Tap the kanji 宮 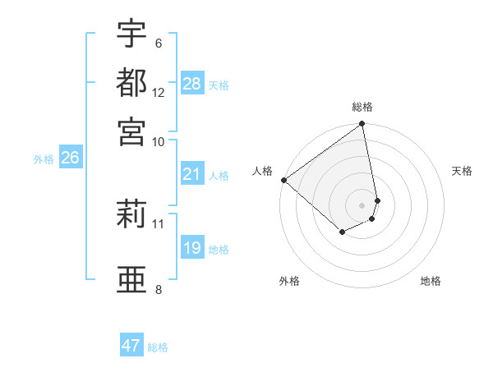tap(131, 131)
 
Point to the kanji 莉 tap(131, 216)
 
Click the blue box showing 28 tap(192, 84)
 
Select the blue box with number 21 tap(192, 174)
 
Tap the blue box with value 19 tap(192, 248)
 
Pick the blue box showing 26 tap(70, 159)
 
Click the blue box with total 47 tap(131, 346)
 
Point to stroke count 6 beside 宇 tap(158, 44)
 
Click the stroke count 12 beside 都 tap(159, 92)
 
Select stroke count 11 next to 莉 tap(159, 223)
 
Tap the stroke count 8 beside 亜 tap(158, 288)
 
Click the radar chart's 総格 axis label tap(362, 107)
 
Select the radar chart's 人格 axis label tap(263, 171)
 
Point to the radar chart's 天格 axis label tap(462, 171)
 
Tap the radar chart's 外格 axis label tap(289, 281)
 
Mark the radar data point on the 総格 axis tap(362, 125)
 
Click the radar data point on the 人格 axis tap(283, 180)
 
